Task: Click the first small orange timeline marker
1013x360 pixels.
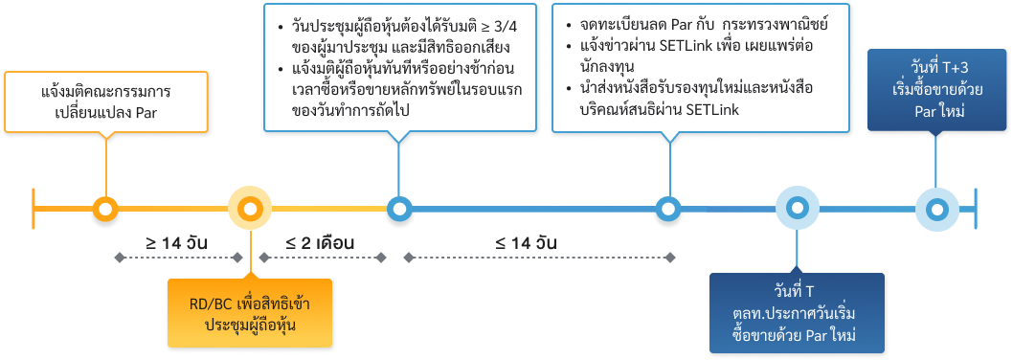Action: [x=104, y=209]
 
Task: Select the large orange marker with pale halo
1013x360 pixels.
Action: [x=250, y=209]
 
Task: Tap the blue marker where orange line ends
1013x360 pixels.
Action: [x=398, y=209]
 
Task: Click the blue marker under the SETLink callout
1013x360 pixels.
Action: [x=666, y=209]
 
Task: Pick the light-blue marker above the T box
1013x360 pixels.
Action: [x=796, y=209]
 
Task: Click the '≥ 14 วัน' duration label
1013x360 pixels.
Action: [x=179, y=242]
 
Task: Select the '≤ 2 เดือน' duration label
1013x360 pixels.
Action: [x=320, y=242]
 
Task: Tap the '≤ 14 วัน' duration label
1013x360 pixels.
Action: [x=526, y=242]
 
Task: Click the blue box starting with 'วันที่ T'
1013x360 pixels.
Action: [x=795, y=313]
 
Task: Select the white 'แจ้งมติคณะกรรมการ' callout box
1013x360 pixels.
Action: [x=106, y=103]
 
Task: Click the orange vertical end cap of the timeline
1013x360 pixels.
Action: [x=34, y=209]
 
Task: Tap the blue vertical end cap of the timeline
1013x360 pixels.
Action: [x=976, y=209]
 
